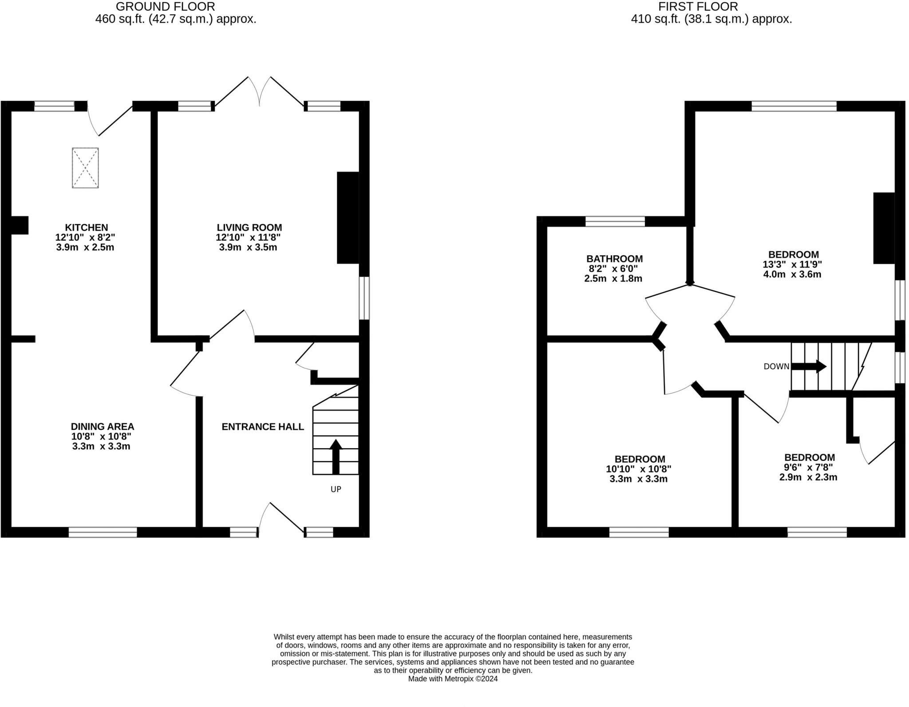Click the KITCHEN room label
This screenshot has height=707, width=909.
pyautogui.click(x=86, y=227)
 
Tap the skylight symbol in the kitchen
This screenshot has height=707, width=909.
pyautogui.click(x=85, y=168)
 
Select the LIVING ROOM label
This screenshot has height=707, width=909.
pyautogui.click(x=249, y=227)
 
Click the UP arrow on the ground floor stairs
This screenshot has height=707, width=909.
pyautogui.click(x=336, y=457)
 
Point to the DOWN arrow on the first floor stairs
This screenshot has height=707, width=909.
pyautogui.click(x=809, y=366)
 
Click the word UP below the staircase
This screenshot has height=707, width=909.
pyautogui.click(x=336, y=489)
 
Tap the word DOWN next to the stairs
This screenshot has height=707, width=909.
pyautogui.click(x=776, y=366)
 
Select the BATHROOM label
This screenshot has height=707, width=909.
pyautogui.click(x=614, y=258)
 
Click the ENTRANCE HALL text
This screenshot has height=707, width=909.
pyautogui.click(x=263, y=427)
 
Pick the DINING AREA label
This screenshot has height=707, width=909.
pyautogui.click(x=102, y=427)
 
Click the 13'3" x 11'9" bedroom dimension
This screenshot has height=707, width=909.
pyautogui.click(x=792, y=264)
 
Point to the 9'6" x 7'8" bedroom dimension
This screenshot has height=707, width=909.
pyautogui.click(x=808, y=467)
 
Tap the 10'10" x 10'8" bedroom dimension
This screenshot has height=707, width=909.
pyautogui.click(x=638, y=469)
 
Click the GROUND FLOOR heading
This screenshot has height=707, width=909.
pyautogui.click(x=165, y=7)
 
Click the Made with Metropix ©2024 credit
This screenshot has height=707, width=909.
pyautogui.click(x=453, y=679)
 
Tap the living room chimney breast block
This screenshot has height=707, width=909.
pyautogui.click(x=348, y=218)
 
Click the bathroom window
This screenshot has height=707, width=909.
pyautogui.click(x=615, y=221)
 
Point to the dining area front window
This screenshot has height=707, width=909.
pyautogui.click(x=103, y=532)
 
